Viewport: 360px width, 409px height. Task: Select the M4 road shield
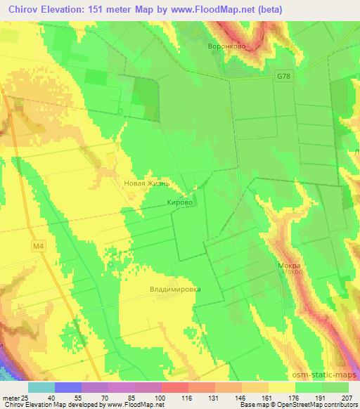click(37, 246)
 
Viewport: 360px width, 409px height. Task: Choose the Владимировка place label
click(175, 289)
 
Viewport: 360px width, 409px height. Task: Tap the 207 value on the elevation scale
click(349, 397)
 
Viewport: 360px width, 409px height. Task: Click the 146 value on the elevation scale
click(241, 397)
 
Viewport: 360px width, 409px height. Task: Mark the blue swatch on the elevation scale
click(67, 387)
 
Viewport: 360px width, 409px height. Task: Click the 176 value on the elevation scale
click(295, 397)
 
